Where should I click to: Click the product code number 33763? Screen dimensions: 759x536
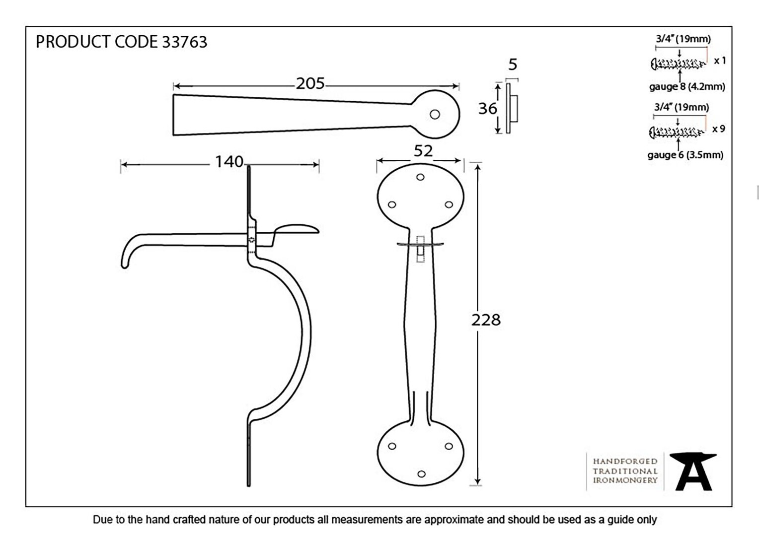pos(185,42)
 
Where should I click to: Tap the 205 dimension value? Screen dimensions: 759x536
pos(310,84)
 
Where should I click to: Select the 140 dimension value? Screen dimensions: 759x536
pos(229,162)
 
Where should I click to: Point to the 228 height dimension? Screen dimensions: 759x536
pos(486,320)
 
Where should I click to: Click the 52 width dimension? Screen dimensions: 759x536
pos(423,151)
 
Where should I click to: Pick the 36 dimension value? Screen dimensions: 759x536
pos(488,109)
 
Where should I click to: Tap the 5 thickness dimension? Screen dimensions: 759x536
pos(513,65)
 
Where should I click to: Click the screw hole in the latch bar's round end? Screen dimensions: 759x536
pos(435,115)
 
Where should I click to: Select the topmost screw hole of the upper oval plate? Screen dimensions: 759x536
pos(420,177)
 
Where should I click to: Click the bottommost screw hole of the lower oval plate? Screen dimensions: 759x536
pos(422,474)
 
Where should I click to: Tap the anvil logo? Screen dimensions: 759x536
pos(693,471)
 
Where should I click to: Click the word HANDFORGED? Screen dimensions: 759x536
pos(625,461)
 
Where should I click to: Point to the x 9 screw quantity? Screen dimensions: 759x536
pos(718,129)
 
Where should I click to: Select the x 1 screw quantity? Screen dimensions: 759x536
pos(720,61)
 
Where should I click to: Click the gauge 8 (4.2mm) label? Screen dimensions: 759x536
pos(687,87)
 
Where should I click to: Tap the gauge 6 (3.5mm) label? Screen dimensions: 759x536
pos(685,155)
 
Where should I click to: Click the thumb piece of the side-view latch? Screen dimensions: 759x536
pos(296,229)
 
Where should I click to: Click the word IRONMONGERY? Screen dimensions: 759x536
pos(625,480)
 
